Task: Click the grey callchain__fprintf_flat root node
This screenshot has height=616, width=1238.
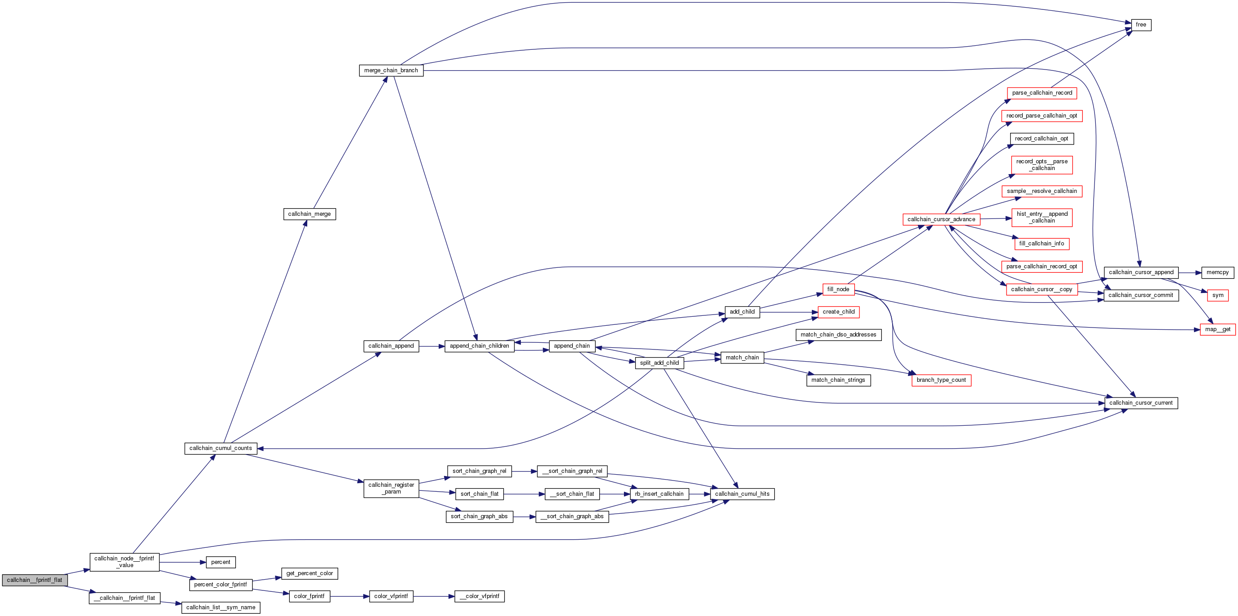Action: coord(35,580)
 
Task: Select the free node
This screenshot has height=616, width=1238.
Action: coord(1141,25)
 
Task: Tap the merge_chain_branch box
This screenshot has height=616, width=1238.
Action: coord(391,70)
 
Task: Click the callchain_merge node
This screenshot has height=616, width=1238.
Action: coord(309,214)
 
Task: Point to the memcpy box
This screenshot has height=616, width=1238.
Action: coord(1217,272)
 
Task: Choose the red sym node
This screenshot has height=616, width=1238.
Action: coord(1218,295)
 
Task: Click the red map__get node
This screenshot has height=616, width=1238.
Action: coord(1217,329)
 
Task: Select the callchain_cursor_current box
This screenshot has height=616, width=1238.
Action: coord(1141,403)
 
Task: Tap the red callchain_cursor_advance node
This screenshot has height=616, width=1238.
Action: coord(941,219)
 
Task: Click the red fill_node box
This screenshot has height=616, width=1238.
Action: coord(838,289)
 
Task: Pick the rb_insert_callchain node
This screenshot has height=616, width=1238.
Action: coord(659,494)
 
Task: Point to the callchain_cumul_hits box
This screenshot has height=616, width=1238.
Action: coord(742,494)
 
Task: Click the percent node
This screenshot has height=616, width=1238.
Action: coord(221,562)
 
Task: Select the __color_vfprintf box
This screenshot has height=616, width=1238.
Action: coord(479,596)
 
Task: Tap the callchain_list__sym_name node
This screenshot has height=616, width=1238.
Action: coord(221,607)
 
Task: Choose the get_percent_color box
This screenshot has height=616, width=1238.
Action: coord(309,573)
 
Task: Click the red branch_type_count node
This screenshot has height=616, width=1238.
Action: coord(941,380)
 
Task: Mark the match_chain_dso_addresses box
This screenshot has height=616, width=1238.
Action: coord(838,335)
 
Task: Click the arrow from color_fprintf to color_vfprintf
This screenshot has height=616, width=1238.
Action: coord(349,596)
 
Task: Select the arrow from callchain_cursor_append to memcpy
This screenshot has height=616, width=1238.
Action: coord(1190,272)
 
